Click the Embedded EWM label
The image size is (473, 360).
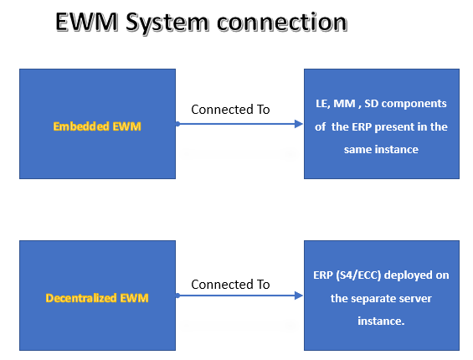(x=97, y=126)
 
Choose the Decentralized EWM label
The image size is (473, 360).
(x=97, y=297)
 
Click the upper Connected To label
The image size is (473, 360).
(x=230, y=109)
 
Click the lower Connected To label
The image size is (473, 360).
(x=230, y=284)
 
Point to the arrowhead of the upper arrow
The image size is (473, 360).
(x=298, y=124)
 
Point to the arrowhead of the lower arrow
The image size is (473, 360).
(x=298, y=296)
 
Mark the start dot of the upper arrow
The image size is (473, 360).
(x=177, y=124)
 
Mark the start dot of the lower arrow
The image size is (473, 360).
(x=177, y=296)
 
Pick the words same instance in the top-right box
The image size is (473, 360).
(x=381, y=150)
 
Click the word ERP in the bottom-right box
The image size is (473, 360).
(x=320, y=275)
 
